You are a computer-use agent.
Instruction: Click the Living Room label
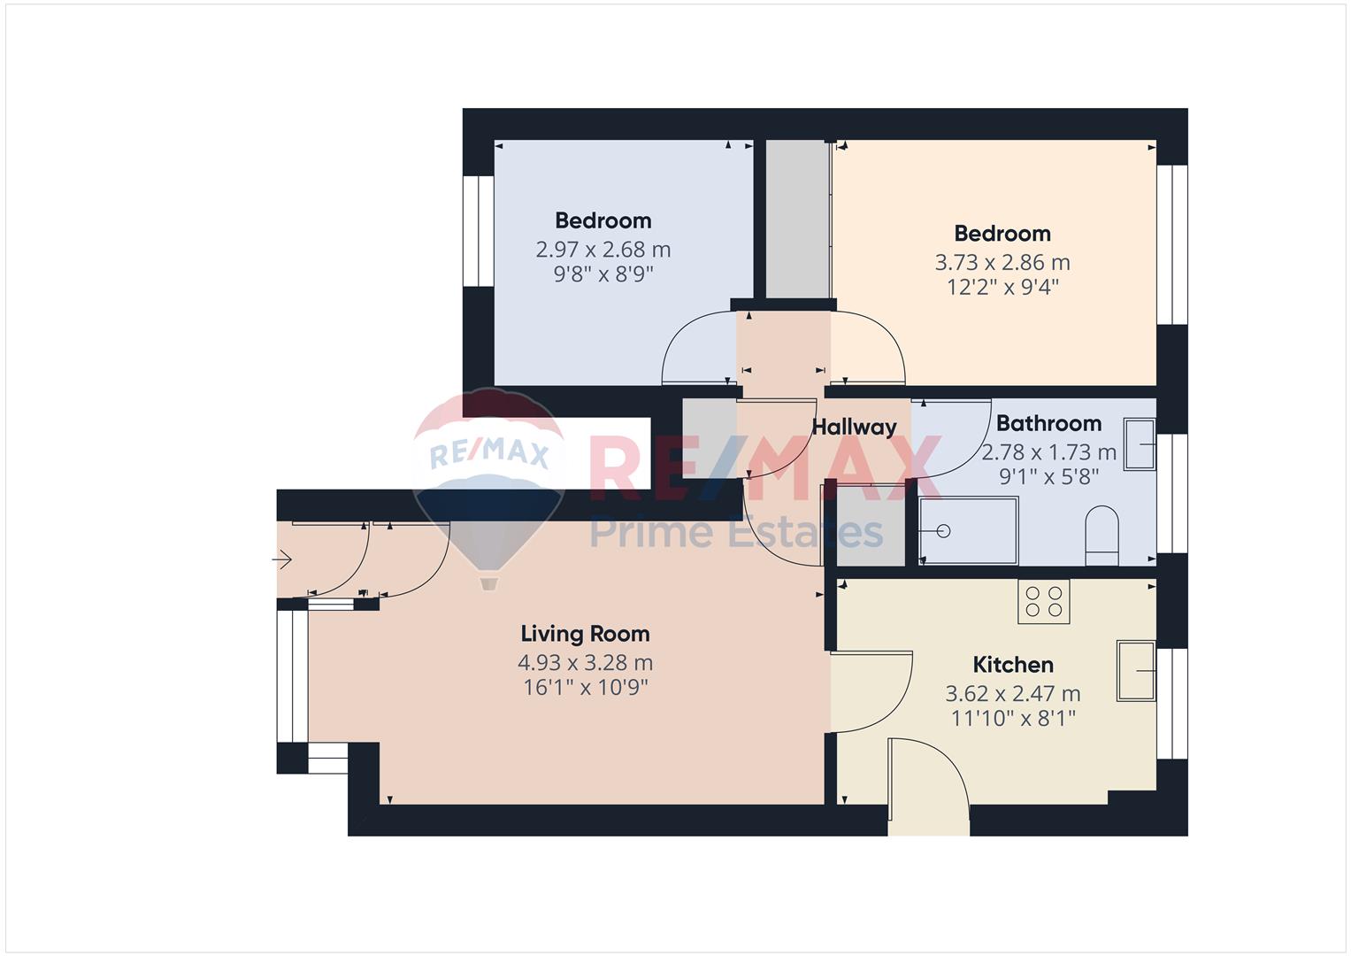pyautogui.click(x=585, y=634)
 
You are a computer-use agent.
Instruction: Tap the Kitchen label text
pyautogui.click(x=1013, y=665)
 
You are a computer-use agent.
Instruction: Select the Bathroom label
pyautogui.click(x=1048, y=423)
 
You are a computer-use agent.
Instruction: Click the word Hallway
pyautogui.click(x=854, y=428)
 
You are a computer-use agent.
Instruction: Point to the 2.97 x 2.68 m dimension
pyautogui.click(x=603, y=250)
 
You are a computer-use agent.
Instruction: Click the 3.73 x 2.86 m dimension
pyautogui.click(x=1002, y=263)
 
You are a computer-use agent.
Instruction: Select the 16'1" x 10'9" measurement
pyautogui.click(x=585, y=688)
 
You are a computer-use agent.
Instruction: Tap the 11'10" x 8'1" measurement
pyautogui.click(x=1013, y=718)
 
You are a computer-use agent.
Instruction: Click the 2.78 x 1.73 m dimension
pyautogui.click(x=1048, y=452)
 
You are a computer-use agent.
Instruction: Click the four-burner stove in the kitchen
pyautogui.click(x=1043, y=602)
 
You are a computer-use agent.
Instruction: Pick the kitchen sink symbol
pyautogui.click(x=1136, y=671)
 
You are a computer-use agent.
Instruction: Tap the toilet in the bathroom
pyautogui.click(x=1102, y=536)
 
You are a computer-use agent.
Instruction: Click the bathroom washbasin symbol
pyautogui.click(x=1140, y=444)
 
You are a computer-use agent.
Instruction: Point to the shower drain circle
pyautogui.click(x=943, y=531)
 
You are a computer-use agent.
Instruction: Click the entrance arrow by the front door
pyautogui.click(x=281, y=559)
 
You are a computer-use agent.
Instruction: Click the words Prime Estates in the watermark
pyautogui.click(x=736, y=532)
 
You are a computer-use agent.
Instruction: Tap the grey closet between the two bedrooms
pyautogui.click(x=798, y=219)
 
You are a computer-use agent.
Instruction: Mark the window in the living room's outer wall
pyautogui.click(x=293, y=676)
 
